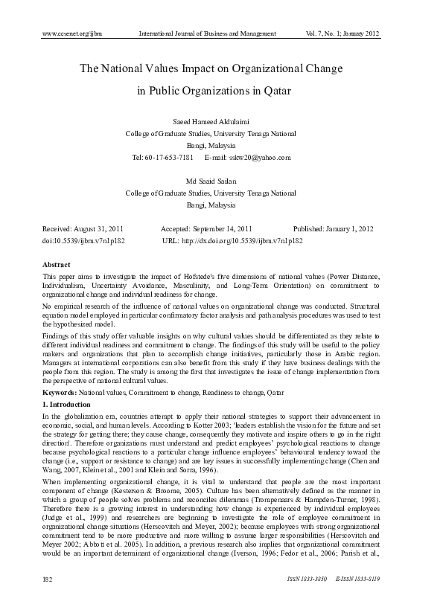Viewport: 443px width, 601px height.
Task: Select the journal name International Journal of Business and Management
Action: click(x=208, y=34)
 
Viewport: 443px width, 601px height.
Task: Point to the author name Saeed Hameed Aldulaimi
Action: click(x=211, y=121)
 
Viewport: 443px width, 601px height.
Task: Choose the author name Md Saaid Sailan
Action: click(x=211, y=181)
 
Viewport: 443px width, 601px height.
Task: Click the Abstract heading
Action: click(x=57, y=266)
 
